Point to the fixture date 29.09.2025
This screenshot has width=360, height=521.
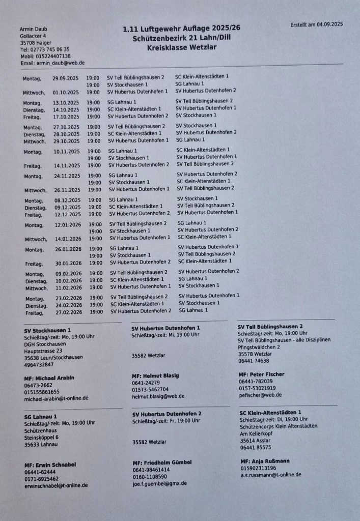point(66,78)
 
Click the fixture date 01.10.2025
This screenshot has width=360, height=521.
point(66,93)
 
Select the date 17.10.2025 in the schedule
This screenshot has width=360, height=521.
point(66,117)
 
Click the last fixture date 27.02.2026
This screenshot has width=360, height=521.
point(69,312)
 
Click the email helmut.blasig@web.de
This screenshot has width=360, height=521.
point(158,396)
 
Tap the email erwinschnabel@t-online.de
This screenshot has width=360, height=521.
point(56,485)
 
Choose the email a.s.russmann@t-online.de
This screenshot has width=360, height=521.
point(270,475)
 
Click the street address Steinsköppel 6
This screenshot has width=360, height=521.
point(41,437)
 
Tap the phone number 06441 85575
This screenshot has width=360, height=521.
point(256,448)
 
